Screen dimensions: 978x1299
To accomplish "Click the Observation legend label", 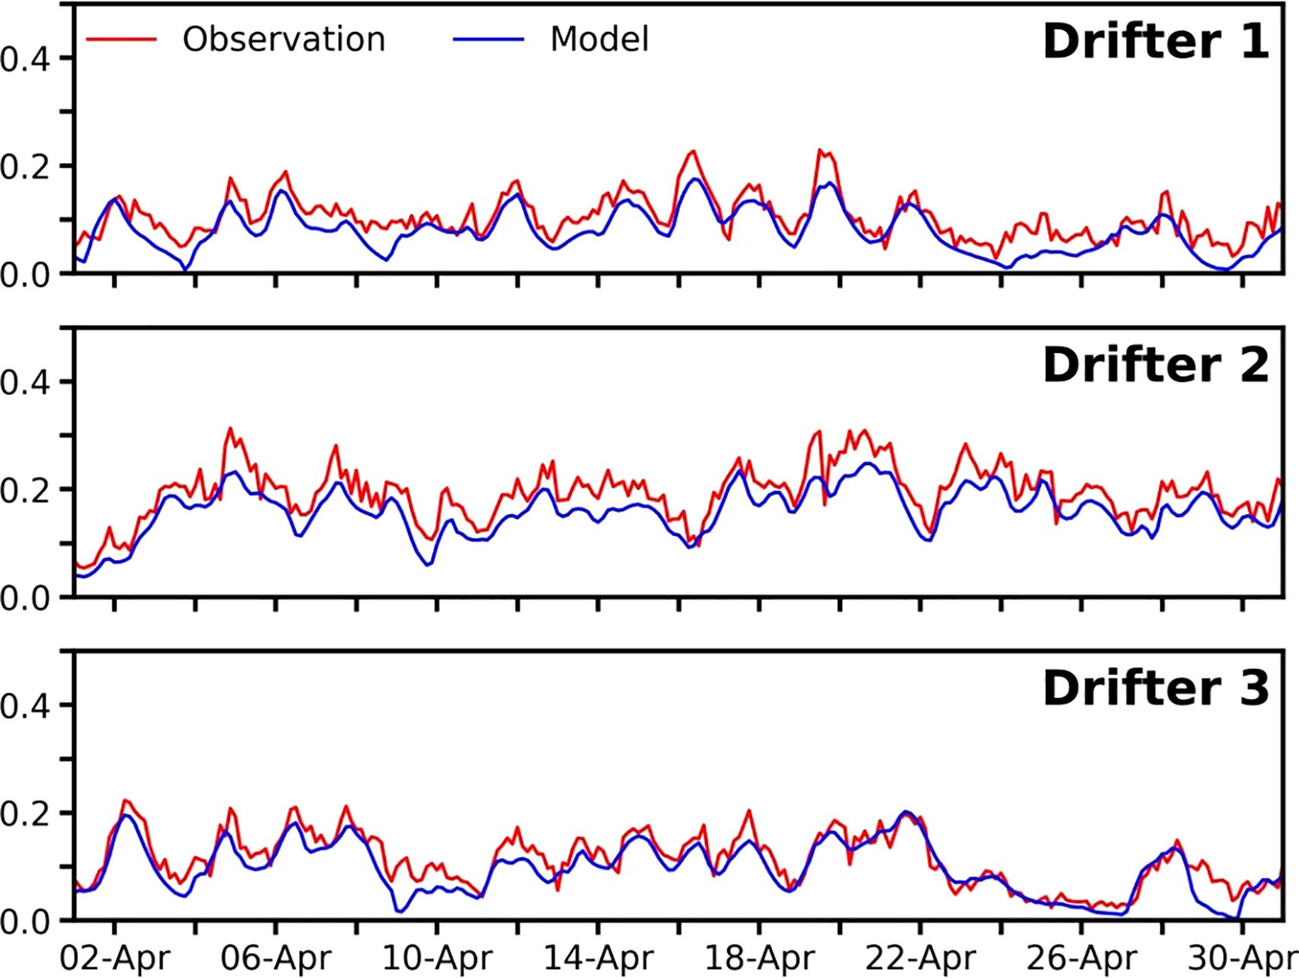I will point(284,39).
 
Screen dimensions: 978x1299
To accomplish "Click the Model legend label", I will point(599,39).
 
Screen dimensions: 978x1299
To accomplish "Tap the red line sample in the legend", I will point(121,39).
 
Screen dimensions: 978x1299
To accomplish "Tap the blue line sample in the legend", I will point(488,39).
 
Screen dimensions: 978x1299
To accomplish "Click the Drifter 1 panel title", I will point(1155,42).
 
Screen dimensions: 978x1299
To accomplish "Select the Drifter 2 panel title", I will point(1155,366).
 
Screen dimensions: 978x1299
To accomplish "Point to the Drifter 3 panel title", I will point(1155,689).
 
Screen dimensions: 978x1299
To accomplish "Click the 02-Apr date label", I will point(115,958).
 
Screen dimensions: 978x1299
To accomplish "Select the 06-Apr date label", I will point(276,958).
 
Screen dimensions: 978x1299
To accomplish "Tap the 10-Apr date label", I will point(437,958).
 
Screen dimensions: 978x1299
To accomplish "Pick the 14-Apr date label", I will point(598,958).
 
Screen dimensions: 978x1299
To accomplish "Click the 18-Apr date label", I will point(759,958).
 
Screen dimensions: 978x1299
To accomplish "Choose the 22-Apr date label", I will point(921,958).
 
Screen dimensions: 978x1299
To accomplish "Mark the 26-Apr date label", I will point(1081,958).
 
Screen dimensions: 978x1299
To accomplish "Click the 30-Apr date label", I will point(1241,958).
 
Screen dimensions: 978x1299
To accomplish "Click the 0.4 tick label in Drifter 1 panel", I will point(26,58).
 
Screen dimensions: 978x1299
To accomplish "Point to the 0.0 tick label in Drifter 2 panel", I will point(26,598).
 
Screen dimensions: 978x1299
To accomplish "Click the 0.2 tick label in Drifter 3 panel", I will point(26,813).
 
